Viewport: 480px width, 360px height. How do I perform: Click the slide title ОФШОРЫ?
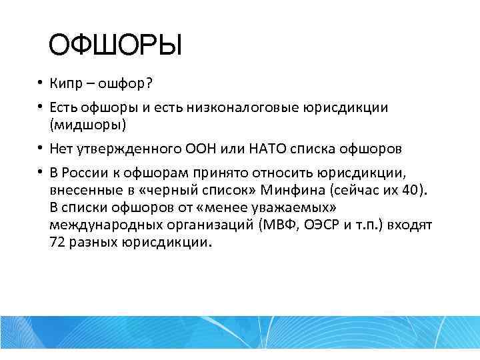point(115,47)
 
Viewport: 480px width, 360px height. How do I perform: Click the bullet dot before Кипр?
point(41,83)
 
